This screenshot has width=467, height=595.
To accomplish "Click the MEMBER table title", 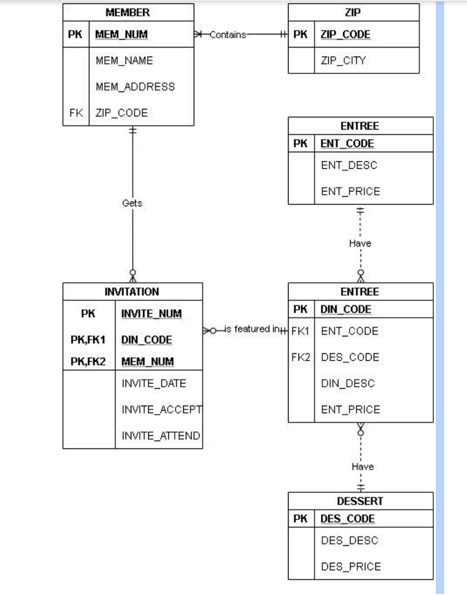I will [x=128, y=12].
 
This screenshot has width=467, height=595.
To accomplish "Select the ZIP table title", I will [x=353, y=12].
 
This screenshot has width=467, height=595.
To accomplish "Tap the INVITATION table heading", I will [x=132, y=291].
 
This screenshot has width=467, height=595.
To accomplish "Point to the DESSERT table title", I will [x=360, y=501].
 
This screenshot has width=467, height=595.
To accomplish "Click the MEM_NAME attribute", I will [x=124, y=60].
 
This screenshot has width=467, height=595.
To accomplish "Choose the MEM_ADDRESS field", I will [x=135, y=87].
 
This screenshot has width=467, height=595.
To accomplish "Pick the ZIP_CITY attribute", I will [x=343, y=60].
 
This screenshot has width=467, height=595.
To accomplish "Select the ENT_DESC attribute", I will [x=349, y=165].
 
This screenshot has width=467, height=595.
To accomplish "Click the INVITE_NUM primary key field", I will [x=151, y=314].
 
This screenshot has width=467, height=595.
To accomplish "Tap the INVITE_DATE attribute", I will [x=154, y=383].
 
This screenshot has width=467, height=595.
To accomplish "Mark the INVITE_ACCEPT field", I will [x=161, y=409].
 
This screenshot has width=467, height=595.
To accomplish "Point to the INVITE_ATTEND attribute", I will [x=161, y=436].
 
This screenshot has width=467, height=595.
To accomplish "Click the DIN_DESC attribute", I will [x=347, y=383].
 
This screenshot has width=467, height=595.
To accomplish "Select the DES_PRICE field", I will [x=351, y=566].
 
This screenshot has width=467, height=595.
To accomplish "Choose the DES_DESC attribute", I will [x=349, y=541].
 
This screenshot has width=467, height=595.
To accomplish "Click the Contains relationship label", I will [x=228, y=35].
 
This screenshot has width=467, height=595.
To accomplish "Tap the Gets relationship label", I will [x=132, y=203].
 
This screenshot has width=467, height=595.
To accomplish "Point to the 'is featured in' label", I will [x=252, y=329].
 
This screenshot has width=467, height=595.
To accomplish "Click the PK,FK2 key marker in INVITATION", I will [x=88, y=362].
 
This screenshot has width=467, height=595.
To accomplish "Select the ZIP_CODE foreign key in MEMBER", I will [x=121, y=113].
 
